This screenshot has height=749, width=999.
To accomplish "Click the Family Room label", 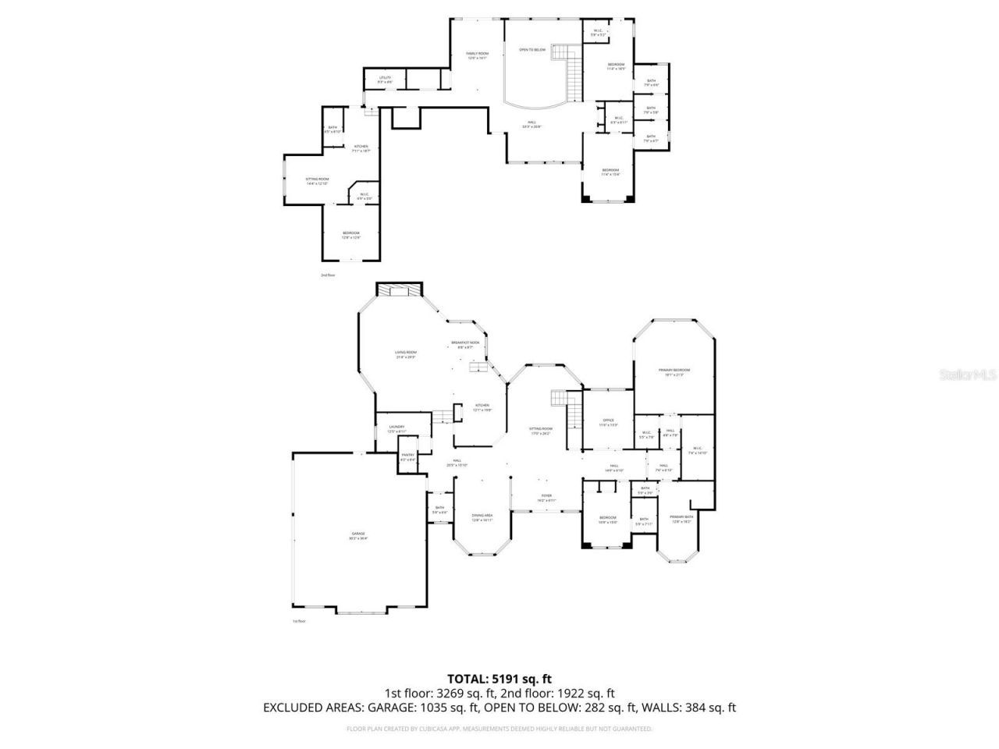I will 477,53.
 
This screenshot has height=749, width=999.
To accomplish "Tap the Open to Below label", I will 532,49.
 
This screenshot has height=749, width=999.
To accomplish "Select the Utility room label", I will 385,77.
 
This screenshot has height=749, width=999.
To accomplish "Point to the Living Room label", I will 405,353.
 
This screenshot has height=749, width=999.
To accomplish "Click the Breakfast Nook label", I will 465,343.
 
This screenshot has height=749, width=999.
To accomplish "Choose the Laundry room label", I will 396,427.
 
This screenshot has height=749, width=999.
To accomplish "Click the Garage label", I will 358,534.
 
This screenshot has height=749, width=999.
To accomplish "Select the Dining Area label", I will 482,516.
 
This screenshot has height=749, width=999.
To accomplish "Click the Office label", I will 608,421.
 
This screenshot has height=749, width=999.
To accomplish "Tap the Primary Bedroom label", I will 674,370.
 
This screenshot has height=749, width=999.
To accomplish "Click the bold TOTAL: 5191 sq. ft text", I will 499,678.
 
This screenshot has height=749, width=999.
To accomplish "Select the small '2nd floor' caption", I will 327,275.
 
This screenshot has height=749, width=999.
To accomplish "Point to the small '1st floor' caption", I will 299,621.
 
